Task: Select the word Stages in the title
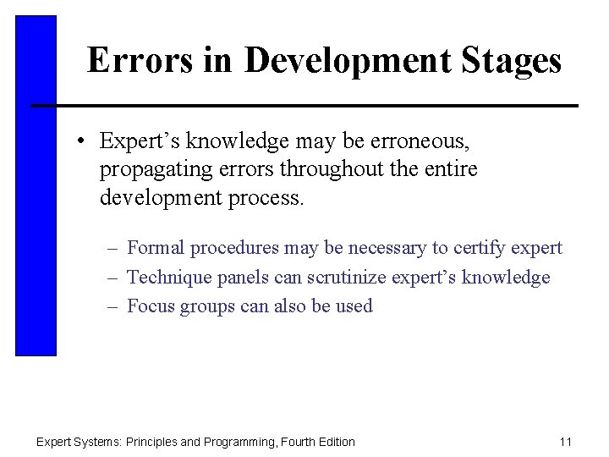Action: tap(517, 61)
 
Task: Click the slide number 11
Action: tap(566, 442)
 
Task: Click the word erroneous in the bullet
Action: tap(425, 140)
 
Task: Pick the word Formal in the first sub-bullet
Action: tap(156, 248)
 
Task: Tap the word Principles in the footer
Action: tap(155, 442)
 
